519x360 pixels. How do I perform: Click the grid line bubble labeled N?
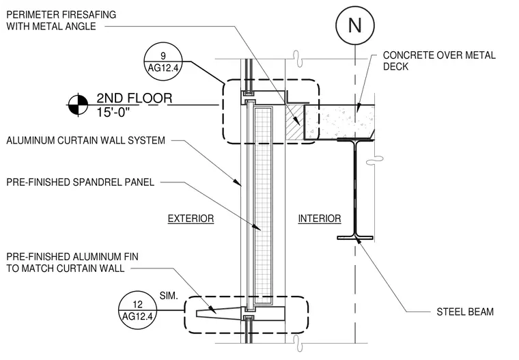coord(355,25)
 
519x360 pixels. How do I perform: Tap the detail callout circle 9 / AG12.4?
coord(163,61)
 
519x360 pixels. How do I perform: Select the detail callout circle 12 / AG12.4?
coord(137,310)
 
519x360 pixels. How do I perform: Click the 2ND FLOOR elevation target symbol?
coord(78,105)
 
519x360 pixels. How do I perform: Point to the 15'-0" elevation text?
coord(113,113)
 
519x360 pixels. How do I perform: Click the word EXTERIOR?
coord(191,219)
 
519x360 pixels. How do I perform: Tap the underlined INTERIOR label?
coord(320,219)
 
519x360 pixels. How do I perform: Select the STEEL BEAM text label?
coord(465,311)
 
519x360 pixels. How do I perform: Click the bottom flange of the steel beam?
coord(355,238)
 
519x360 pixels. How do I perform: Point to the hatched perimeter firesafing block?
coord(294,122)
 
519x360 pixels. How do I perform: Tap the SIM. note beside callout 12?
coord(169,295)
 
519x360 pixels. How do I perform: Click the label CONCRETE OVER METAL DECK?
coord(439,61)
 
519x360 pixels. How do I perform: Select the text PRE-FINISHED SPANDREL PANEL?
coord(80,182)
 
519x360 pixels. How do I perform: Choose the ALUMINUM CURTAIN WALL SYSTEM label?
coord(85,141)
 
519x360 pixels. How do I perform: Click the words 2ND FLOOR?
coord(134,98)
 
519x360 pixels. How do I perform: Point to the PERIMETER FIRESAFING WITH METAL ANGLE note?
coord(61,20)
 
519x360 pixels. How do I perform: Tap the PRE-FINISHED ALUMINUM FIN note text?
coord(72,262)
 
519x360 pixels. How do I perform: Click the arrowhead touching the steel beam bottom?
coord(357,242)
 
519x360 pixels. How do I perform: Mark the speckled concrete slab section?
coord(339,122)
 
